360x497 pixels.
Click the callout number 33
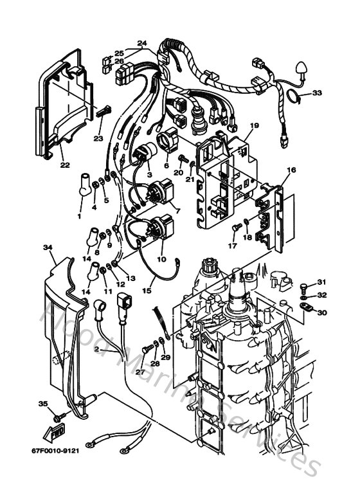(317, 93)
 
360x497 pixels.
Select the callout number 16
(292, 170)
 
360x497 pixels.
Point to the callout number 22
(65, 165)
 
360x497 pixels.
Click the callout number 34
(48, 247)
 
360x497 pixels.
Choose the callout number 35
(43, 404)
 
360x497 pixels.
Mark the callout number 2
(96, 348)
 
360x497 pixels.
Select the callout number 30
(321, 312)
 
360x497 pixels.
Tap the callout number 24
(141, 44)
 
